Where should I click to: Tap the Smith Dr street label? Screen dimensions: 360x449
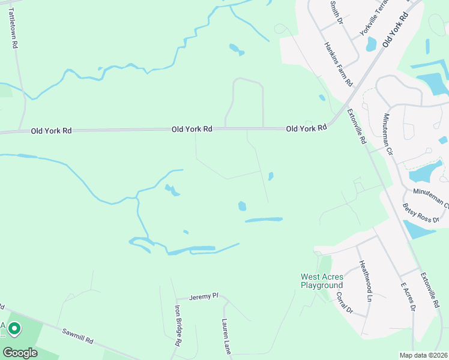pyautogui.click(x=336, y=12)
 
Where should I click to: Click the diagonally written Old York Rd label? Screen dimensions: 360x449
pyautogui.click(x=395, y=30)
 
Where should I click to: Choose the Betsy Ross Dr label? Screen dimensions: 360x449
pyautogui.click(x=421, y=213)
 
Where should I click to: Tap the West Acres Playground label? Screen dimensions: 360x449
pyautogui.click(x=322, y=281)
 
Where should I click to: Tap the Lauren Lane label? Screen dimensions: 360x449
pyautogui.click(x=227, y=336)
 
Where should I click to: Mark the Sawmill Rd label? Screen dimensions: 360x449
pyautogui.click(x=78, y=335)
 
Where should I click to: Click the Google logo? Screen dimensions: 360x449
pyautogui.click(x=20, y=352)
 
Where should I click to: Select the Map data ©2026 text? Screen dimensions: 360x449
pyautogui.click(x=424, y=355)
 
